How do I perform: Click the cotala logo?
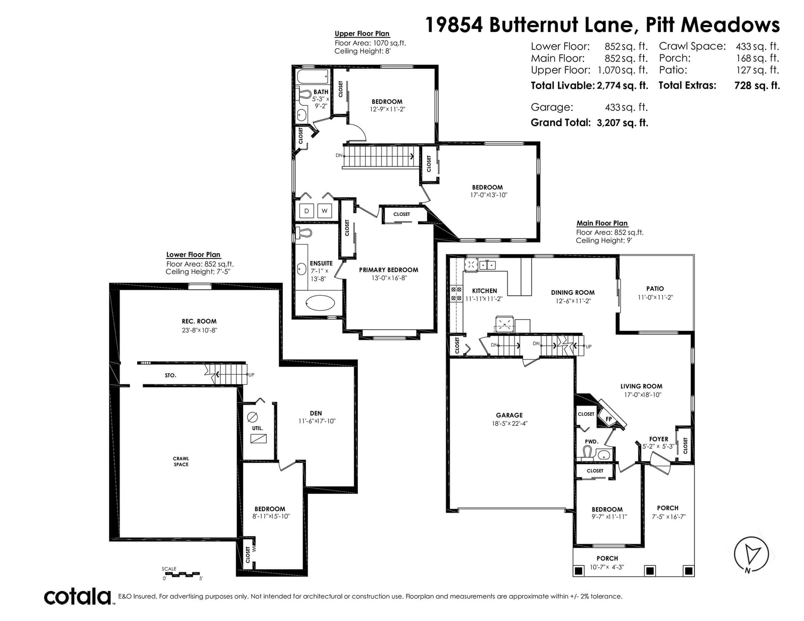78,596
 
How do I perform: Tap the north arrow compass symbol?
751,554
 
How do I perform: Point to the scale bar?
182,574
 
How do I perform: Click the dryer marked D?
307,211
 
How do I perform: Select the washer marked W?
325,211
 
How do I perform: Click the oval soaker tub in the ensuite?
321,303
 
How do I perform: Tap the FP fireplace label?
609,419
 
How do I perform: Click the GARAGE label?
510,415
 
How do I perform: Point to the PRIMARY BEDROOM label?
388,270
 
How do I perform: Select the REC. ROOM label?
199,321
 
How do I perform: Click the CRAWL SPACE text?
181,461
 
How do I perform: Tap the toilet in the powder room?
587,452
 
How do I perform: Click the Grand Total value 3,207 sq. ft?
622,122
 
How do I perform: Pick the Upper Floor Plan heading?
362,34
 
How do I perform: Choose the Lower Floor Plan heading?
193,255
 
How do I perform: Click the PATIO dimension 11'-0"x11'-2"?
655,297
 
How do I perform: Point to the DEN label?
316,413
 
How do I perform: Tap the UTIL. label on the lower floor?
257,428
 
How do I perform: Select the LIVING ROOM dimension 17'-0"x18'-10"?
643,395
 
